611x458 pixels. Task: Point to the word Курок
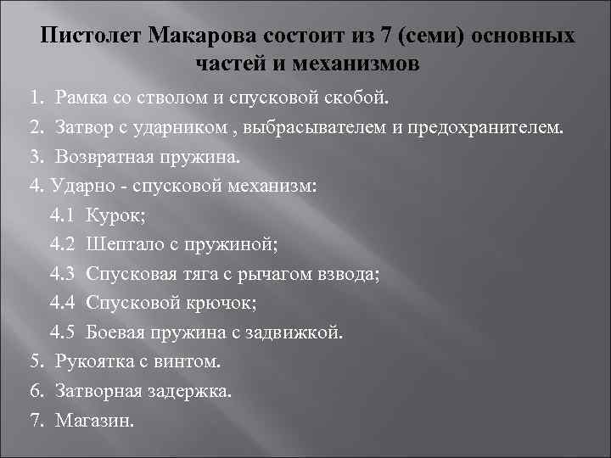pos(115,216)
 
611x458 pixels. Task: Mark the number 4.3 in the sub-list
pos(62,274)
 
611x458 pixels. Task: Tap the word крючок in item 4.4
pos(217,303)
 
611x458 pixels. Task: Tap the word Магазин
pos(94,420)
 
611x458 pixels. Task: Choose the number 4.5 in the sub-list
pos(62,332)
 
